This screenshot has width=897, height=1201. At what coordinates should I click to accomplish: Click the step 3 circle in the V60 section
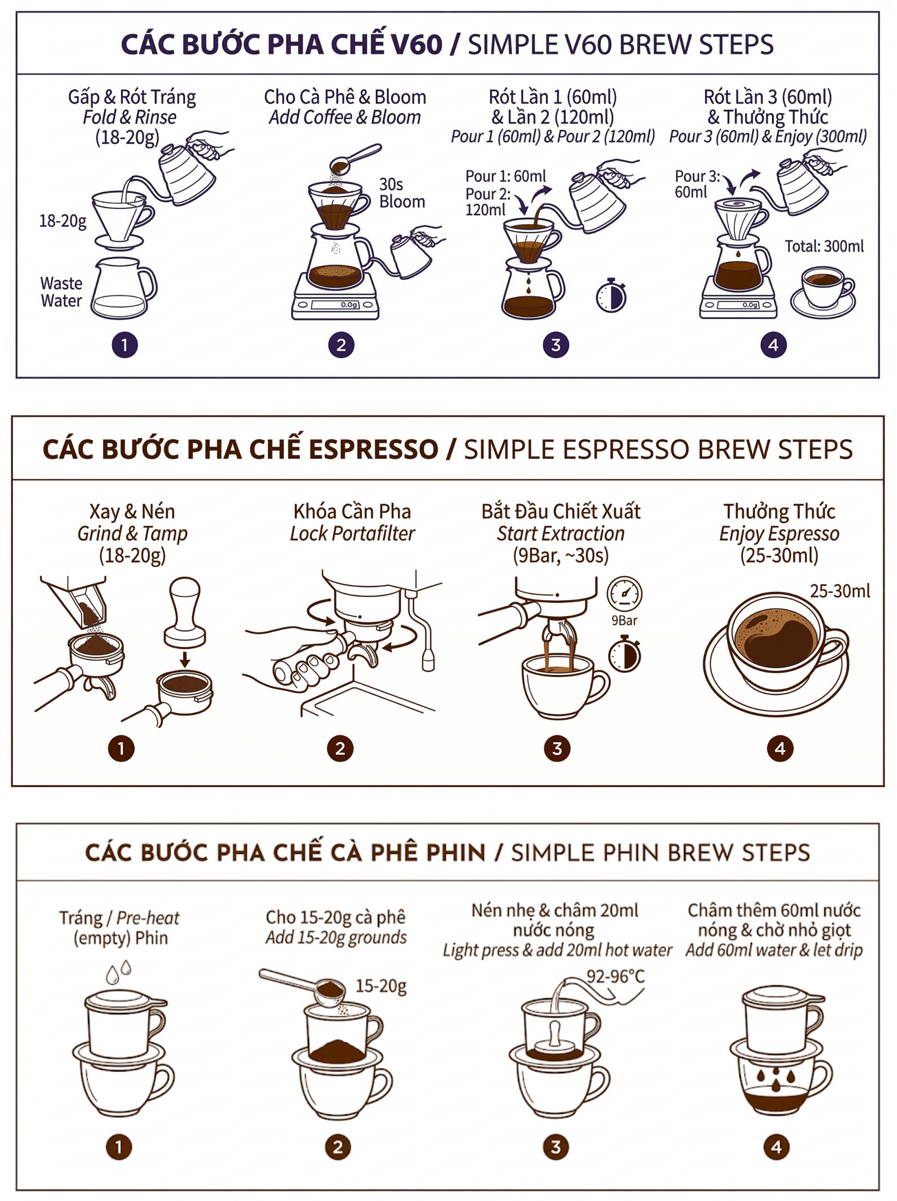click(x=555, y=345)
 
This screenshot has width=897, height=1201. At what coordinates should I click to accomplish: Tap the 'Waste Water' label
click(x=61, y=292)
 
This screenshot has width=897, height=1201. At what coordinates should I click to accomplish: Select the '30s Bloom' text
click(x=401, y=193)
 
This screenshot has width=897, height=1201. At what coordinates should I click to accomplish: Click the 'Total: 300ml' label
click(x=824, y=246)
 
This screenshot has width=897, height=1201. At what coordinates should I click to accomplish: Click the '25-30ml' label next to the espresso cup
click(x=839, y=591)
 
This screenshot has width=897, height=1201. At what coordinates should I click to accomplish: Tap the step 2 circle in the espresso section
click(x=340, y=749)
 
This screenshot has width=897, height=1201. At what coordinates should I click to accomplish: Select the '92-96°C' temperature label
click(x=615, y=976)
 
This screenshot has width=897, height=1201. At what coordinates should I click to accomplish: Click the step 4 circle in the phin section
click(x=776, y=1147)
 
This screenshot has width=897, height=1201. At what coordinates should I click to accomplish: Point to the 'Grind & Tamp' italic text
click(x=132, y=533)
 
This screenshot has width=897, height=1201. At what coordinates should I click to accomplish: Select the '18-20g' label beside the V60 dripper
click(x=62, y=221)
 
